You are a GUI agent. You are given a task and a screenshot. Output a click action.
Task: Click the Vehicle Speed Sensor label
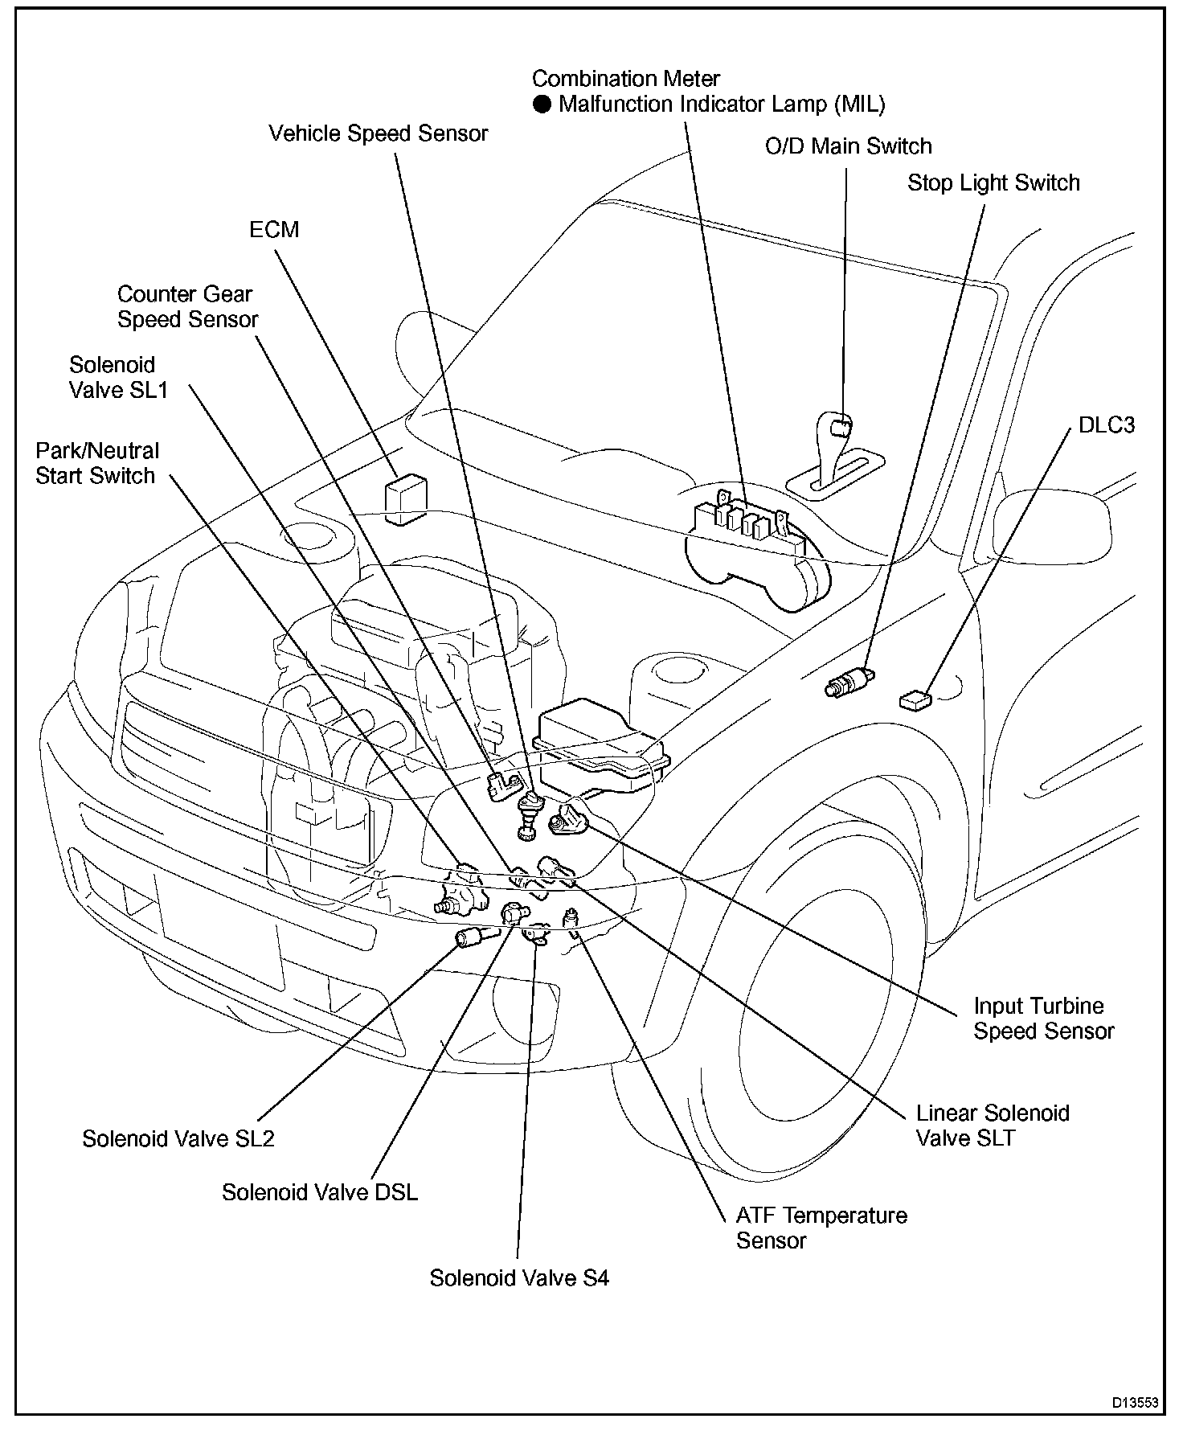[x=378, y=133]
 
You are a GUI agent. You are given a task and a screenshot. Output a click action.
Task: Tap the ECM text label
[x=274, y=230]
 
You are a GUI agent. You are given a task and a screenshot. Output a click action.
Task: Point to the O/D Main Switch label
[x=848, y=146]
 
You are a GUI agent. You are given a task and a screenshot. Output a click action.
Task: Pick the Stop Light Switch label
[x=993, y=183]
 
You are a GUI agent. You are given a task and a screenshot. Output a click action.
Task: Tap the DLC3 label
[x=1106, y=425]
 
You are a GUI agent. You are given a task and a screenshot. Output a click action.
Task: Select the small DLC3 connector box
[x=915, y=700]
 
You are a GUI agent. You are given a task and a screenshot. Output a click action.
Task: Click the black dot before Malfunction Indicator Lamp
[x=543, y=105]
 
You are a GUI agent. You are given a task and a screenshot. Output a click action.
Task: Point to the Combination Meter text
[x=625, y=79]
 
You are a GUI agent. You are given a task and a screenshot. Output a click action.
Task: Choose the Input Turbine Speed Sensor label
[x=1043, y=1019]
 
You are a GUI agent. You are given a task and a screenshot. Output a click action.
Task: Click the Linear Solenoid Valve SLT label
[x=993, y=1126]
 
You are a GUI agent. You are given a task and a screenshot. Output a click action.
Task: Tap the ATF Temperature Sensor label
[x=821, y=1228]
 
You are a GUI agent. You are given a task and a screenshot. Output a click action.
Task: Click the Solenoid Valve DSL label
[x=320, y=1192]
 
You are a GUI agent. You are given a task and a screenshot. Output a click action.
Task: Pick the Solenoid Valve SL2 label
[x=178, y=1139]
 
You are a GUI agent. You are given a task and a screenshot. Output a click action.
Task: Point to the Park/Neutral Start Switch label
[x=96, y=463]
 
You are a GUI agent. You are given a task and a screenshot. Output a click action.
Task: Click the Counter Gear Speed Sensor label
[x=187, y=307]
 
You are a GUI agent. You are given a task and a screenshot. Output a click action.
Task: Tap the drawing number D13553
[x=1135, y=1403]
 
